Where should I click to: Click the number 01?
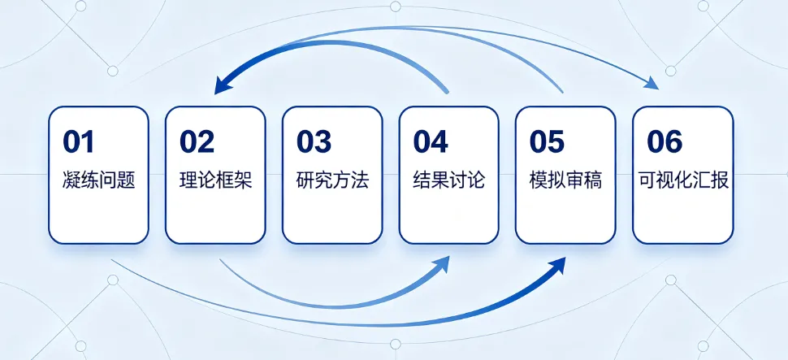(79, 141)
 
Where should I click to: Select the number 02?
(197, 141)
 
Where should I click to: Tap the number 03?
(314, 141)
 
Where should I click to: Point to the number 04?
(431, 141)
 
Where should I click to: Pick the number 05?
(548, 141)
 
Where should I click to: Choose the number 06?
(665, 141)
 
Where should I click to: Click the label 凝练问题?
(99, 180)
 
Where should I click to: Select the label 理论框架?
(216, 180)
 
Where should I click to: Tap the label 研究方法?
(333, 180)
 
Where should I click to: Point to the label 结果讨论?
(450, 180)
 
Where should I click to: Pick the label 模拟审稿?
(566, 180)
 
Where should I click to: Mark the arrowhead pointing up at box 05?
(558, 266)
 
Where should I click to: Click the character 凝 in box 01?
(71, 180)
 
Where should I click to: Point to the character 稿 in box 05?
(594, 180)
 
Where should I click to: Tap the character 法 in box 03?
(361, 180)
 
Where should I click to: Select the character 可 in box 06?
(647, 180)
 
